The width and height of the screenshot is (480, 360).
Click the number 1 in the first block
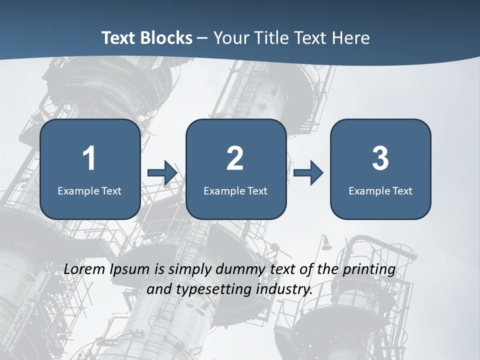89,158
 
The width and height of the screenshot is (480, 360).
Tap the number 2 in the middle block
235,158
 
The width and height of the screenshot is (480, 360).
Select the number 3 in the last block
380,158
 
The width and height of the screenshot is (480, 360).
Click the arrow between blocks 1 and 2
162,173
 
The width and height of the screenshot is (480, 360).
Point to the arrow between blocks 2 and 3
308,173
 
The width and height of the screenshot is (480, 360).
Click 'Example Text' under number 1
89,191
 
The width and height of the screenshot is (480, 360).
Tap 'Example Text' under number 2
235,191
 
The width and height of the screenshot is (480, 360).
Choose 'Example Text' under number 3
380,191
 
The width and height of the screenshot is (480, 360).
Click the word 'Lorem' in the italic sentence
84,269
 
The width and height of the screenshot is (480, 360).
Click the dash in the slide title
202,38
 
